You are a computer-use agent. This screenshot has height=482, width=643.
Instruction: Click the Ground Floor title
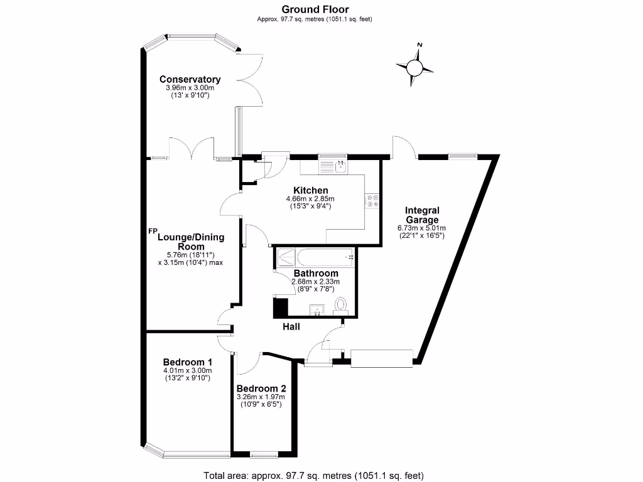(x=315, y=9)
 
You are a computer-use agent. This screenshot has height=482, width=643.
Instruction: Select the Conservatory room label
(x=190, y=79)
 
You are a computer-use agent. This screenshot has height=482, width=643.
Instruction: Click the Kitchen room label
(x=310, y=190)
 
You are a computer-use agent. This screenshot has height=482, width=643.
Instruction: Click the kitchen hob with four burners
(x=373, y=201)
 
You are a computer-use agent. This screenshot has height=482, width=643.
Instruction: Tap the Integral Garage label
(x=422, y=215)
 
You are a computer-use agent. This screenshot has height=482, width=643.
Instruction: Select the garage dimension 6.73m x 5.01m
(x=422, y=228)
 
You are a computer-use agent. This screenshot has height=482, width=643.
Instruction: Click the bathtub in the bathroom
(x=325, y=258)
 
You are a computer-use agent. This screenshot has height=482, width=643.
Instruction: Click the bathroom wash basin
(x=317, y=310)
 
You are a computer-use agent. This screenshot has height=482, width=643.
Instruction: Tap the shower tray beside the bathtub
(x=286, y=258)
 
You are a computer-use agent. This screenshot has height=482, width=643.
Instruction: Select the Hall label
(x=291, y=326)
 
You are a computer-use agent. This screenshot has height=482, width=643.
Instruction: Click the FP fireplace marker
(x=153, y=231)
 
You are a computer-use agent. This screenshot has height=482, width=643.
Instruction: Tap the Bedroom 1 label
(x=187, y=362)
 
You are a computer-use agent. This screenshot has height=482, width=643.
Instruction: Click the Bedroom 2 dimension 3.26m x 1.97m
(x=261, y=397)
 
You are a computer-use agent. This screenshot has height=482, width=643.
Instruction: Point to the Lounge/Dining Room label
(x=191, y=242)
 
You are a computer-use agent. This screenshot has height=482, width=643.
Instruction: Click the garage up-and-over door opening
(x=381, y=358)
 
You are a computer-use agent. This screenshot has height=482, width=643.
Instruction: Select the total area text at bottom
(x=314, y=476)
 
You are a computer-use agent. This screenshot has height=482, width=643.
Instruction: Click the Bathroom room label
(x=316, y=274)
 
